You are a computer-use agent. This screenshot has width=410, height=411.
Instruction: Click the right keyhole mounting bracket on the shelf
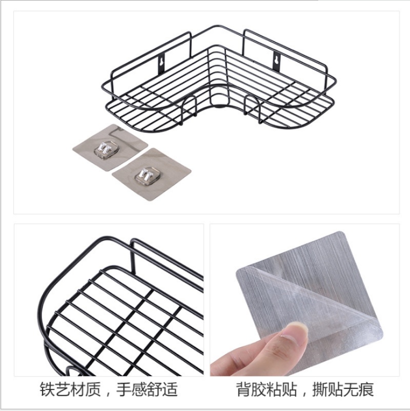(277, 61)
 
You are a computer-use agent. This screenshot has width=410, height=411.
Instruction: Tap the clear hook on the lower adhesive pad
(146, 174)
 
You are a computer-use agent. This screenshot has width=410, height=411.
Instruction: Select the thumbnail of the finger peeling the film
(305, 300)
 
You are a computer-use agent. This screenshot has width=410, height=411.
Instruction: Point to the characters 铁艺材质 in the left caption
(70, 390)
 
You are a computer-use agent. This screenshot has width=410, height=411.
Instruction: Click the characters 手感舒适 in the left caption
(147, 390)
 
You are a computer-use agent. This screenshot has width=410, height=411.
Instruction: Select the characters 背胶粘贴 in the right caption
(266, 390)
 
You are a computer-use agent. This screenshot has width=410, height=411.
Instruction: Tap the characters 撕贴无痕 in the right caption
(343, 390)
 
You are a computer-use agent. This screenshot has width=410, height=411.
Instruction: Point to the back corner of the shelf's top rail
(217, 26)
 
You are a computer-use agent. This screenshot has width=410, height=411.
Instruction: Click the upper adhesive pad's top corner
(112, 125)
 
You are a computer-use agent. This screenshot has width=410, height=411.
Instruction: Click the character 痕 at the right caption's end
(366, 390)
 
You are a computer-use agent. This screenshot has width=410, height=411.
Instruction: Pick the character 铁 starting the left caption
(48, 390)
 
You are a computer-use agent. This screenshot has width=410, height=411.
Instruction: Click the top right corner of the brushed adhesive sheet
(341, 232)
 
